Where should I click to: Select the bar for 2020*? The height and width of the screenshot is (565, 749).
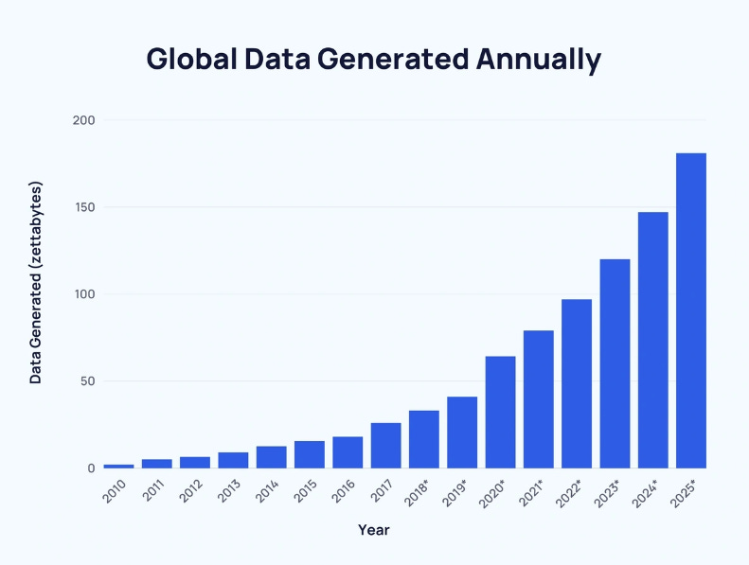pos(500,412)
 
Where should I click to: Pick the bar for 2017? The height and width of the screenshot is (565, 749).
pos(385,445)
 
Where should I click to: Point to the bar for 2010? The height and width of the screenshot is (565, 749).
pos(118,466)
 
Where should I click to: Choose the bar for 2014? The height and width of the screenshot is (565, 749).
pos(271,457)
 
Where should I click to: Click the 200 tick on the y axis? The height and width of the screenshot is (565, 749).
pos(83,120)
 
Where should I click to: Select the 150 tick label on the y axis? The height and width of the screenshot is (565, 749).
pos(83,207)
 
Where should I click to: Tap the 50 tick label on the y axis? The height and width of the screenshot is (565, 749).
pos(86,381)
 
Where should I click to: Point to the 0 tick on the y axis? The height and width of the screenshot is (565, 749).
pos(91,468)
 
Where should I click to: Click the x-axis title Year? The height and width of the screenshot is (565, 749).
pos(374,530)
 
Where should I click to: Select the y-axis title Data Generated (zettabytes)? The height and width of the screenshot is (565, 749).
pos(36,281)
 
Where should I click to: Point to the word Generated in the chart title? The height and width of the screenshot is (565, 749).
pos(392,59)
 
